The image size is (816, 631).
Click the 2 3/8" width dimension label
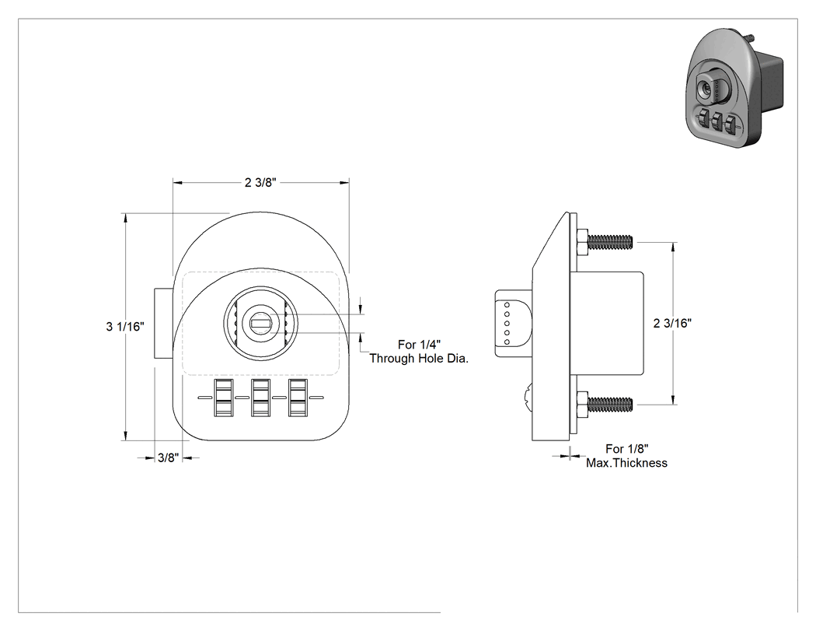coord(260,182)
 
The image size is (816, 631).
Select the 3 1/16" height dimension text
coord(125,327)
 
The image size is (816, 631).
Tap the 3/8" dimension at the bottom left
coord(168,458)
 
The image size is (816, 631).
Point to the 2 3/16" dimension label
coord(672,323)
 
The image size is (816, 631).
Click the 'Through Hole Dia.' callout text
coord(419,359)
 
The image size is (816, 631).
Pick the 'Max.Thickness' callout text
coord(626,463)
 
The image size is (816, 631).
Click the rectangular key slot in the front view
coord(260,324)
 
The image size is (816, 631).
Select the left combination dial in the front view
coord(223,398)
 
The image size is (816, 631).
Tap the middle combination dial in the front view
coord(260,398)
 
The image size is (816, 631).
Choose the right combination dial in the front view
coord(298,398)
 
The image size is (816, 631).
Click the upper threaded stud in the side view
coord(610,242)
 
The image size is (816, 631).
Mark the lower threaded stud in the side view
coord(610,404)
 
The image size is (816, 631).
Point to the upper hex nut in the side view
coord(582,242)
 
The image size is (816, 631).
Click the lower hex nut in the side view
coord(582,404)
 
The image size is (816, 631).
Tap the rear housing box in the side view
coord(607,323)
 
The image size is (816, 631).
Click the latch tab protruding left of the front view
coord(163,323)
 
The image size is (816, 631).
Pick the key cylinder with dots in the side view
coord(513,323)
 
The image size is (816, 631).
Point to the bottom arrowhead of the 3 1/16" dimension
coord(125,436)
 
